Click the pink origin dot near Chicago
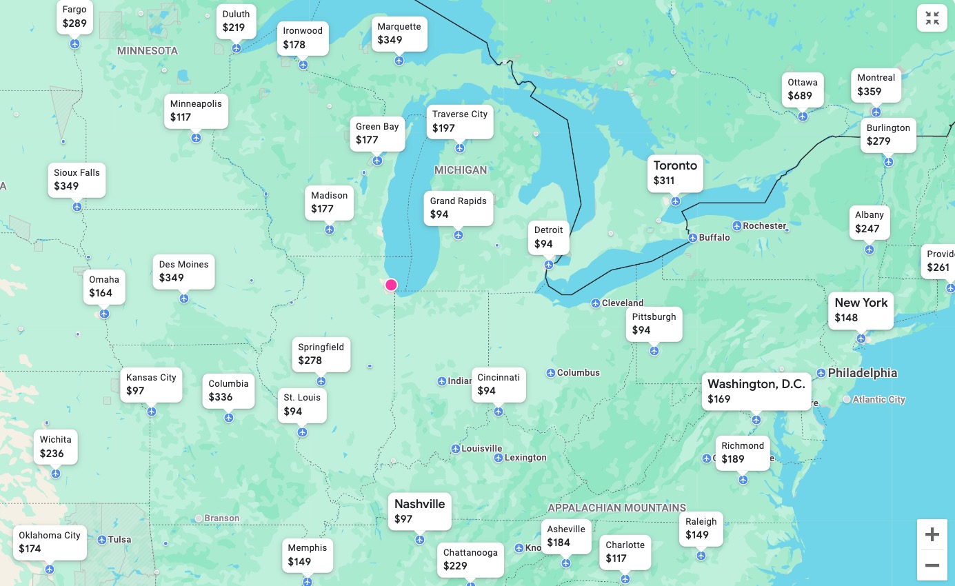[x=391, y=285]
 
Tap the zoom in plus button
[x=932, y=534]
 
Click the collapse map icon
[x=932, y=19]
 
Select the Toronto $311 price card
[x=675, y=173]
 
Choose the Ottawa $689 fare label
[x=803, y=90]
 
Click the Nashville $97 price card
[x=419, y=511]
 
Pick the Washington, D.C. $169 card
[x=756, y=391]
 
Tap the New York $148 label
[x=861, y=310]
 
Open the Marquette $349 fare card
[x=399, y=33]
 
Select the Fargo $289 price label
[x=74, y=17]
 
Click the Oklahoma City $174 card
[x=50, y=542]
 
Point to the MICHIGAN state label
[x=461, y=170]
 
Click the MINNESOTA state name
[x=148, y=51]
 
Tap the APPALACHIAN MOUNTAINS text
[x=616, y=508]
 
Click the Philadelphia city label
[x=862, y=373]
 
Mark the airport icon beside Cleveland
[x=596, y=303]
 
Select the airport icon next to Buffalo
[x=693, y=238]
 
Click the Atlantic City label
[x=878, y=399]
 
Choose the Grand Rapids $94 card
[x=458, y=208]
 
